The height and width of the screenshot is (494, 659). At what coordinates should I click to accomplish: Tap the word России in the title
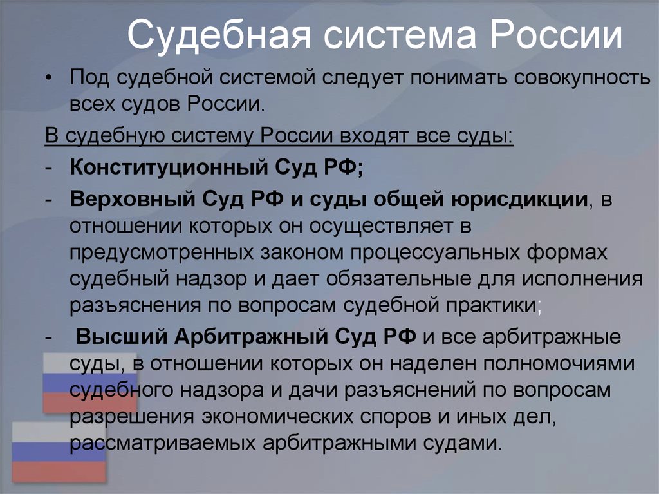point(555,33)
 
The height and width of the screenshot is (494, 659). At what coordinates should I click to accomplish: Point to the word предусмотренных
point(162,253)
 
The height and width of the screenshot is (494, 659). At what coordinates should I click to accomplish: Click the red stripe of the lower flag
point(59,471)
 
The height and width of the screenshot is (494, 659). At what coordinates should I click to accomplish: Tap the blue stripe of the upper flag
point(90,383)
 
